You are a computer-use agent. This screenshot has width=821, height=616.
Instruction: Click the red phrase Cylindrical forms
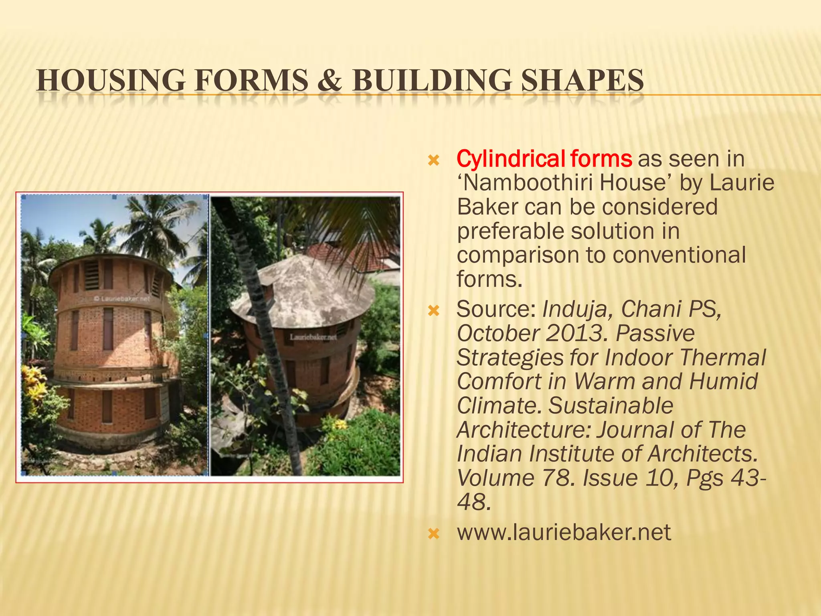(544, 159)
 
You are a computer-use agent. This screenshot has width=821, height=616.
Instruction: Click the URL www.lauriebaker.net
(564, 533)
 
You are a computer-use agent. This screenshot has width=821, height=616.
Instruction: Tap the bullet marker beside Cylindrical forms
(434, 161)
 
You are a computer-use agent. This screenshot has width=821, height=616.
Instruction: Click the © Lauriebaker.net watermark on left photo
(122, 299)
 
